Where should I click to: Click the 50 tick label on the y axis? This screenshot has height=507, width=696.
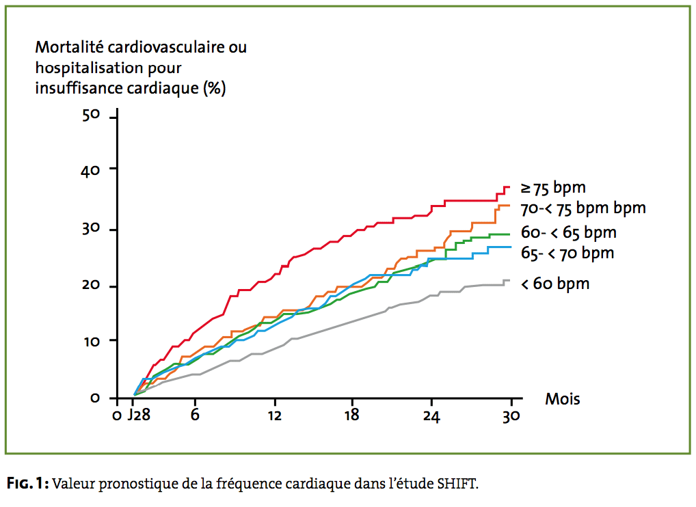pos(91,115)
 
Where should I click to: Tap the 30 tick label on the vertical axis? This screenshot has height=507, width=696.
pos(91,228)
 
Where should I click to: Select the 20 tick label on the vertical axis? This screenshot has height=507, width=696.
pos(91,286)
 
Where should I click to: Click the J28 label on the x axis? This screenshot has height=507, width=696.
pos(138,416)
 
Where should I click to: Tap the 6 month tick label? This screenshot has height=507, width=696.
pos(195,416)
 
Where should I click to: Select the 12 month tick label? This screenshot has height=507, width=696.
pos(274,416)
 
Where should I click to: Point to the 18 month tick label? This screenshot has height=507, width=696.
pos(352,416)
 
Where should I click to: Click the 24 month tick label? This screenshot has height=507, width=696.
pos(431,416)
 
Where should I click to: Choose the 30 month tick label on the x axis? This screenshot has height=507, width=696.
pos(511,416)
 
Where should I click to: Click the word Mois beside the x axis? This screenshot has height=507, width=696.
pos(562,398)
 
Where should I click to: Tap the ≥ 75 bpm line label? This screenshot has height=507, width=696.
pos(553,187)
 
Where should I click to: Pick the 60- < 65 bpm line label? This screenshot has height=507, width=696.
pos(569,232)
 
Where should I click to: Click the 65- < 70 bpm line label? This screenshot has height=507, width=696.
pos(567,253)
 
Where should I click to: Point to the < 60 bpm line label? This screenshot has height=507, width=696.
pos(555,283)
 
